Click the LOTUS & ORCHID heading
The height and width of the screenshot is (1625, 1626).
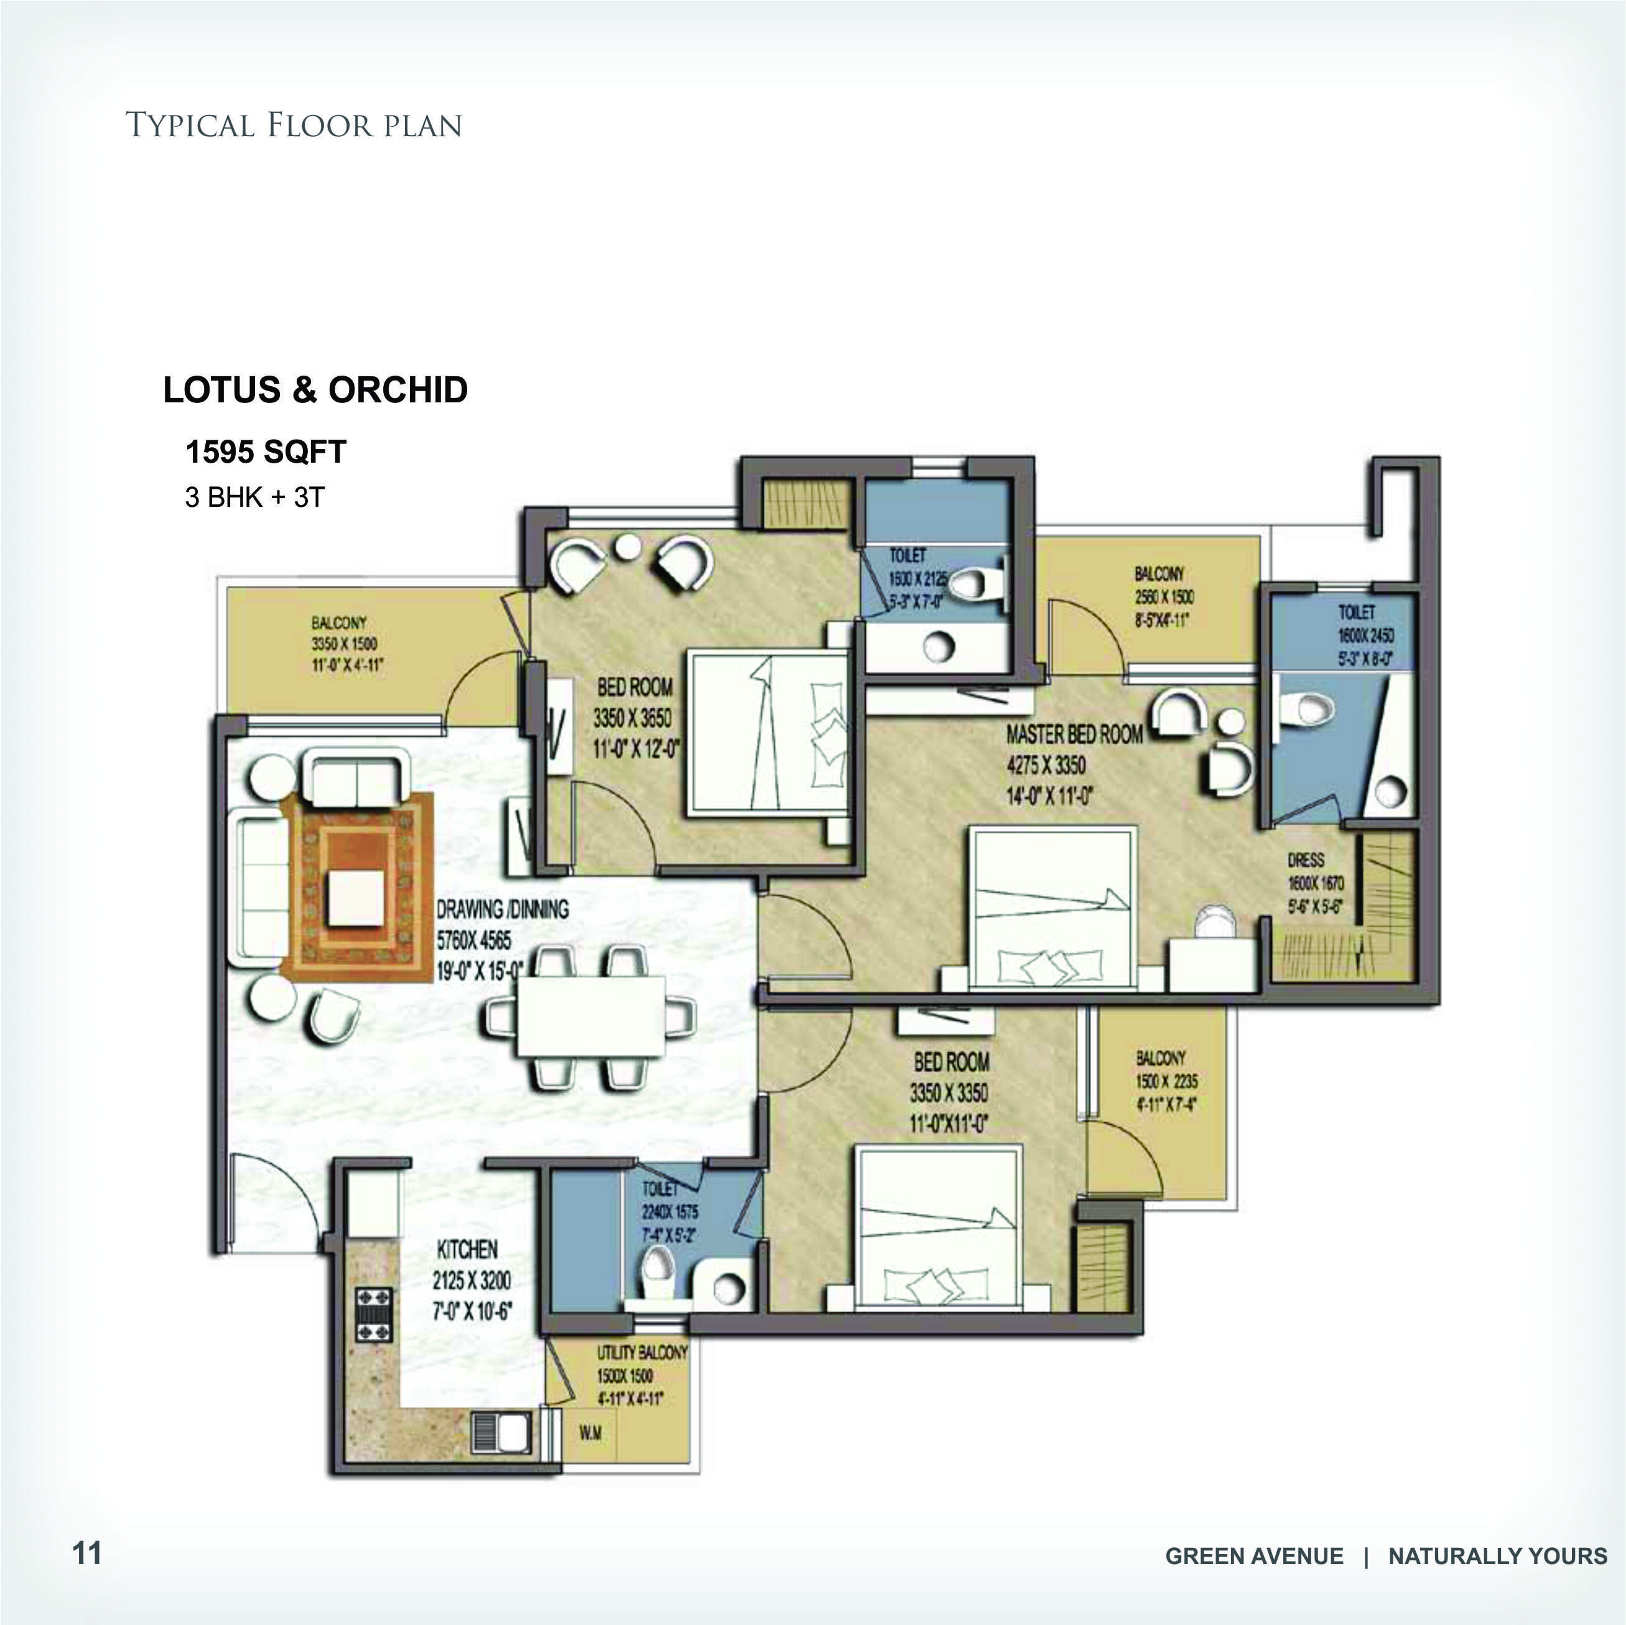tap(315, 390)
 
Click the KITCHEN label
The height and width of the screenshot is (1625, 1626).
tap(467, 1249)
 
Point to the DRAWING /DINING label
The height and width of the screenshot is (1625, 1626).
tap(501, 909)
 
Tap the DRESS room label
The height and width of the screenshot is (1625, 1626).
tap(1306, 860)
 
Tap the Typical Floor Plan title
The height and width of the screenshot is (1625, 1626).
tap(294, 126)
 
